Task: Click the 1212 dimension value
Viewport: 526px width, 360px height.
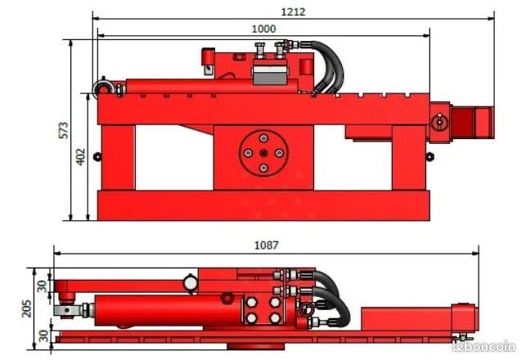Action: tap(293, 12)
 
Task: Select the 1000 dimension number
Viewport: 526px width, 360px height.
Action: tap(263, 29)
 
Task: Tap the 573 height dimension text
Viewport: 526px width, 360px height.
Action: tap(64, 130)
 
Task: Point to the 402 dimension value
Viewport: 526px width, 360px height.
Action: tap(81, 156)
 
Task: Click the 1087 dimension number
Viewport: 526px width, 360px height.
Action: tap(267, 245)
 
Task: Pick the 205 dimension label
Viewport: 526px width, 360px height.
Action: tap(26, 308)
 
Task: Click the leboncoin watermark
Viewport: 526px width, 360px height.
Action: tap(483, 346)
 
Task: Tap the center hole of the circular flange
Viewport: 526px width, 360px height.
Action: tap(263, 153)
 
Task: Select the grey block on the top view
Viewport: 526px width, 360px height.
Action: tap(270, 75)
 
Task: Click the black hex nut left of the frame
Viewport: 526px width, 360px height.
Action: tap(97, 156)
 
